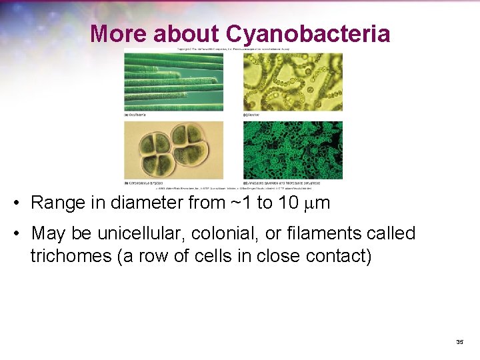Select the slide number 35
click(459, 341)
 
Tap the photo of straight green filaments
click(173, 82)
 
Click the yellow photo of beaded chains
click(293, 82)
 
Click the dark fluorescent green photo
click(293, 150)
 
